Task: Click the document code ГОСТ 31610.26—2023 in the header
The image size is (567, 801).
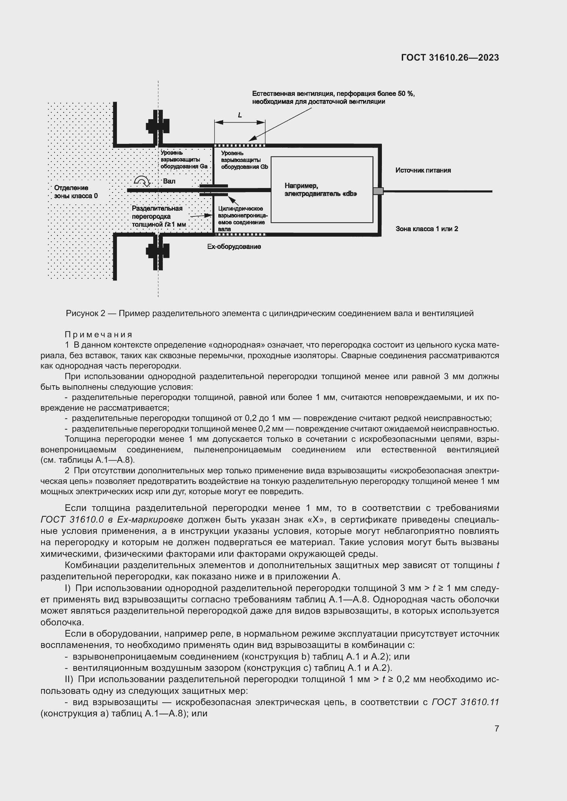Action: [x=450, y=58]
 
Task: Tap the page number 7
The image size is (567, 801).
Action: [x=497, y=728]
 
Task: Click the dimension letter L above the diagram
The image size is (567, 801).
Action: [x=240, y=115]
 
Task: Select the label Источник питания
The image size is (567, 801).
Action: [x=423, y=170]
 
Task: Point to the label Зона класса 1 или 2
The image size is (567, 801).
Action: [x=427, y=229]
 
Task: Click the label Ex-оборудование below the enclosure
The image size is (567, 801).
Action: [x=234, y=247]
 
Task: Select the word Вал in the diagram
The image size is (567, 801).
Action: [x=169, y=181]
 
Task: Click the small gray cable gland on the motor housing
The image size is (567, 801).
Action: [x=378, y=191]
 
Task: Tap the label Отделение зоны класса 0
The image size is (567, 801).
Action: [x=75, y=192]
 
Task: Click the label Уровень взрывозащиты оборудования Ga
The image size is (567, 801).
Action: [x=184, y=160]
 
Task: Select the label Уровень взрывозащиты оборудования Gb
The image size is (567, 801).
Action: [x=244, y=160]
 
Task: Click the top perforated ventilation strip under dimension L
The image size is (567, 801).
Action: [x=240, y=145]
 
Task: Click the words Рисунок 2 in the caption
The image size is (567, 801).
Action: [x=86, y=313]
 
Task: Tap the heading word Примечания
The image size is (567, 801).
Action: [x=98, y=335]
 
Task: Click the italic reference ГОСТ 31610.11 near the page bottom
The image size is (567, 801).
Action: [x=466, y=702]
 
